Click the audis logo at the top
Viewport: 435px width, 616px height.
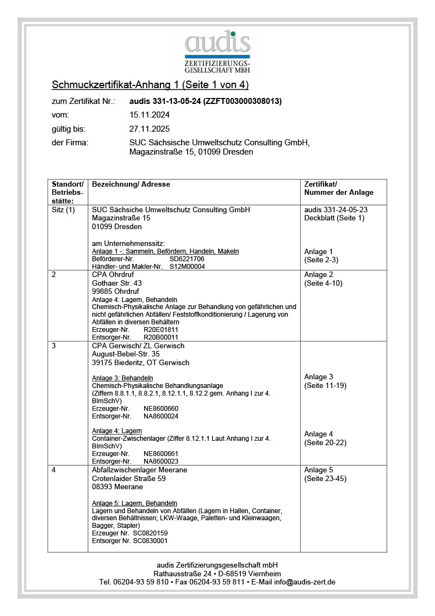(x=217, y=52)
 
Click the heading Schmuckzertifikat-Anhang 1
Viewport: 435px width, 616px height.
(x=150, y=85)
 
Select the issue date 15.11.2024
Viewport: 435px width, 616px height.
(x=150, y=115)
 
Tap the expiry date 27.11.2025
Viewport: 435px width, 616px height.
(x=150, y=129)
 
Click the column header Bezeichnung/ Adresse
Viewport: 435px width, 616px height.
(x=131, y=184)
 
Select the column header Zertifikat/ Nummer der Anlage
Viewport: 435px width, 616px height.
(x=339, y=188)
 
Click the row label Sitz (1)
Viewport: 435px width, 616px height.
(x=63, y=210)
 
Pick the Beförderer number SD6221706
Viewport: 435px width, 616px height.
(x=187, y=259)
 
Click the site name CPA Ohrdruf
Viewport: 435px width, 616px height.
(x=114, y=275)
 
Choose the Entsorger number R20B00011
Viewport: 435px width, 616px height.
(x=161, y=337)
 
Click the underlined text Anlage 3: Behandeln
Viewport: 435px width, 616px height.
(x=122, y=378)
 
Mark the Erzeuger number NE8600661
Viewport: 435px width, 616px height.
(x=161, y=453)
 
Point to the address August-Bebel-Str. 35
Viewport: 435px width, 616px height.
(x=126, y=354)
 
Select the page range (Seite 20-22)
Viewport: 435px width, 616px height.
(x=325, y=443)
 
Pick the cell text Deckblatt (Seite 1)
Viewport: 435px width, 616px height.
(x=334, y=218)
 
